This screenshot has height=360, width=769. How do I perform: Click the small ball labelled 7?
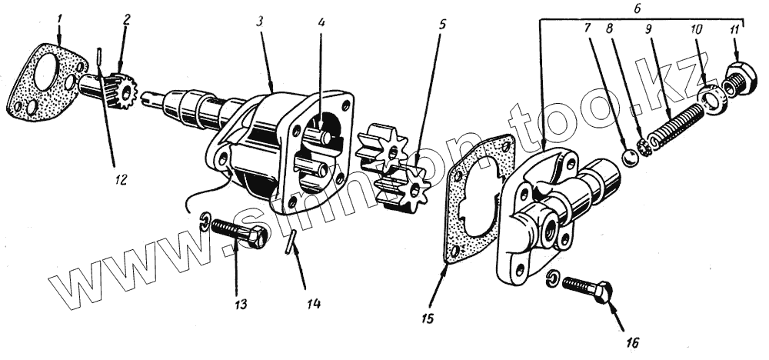[630, 157]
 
